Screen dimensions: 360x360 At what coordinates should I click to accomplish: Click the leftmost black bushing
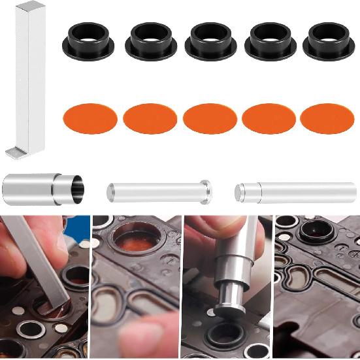pyautogui.click(x=89, y=41)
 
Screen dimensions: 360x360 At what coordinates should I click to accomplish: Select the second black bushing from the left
pyautogui.click(x=152, y=41)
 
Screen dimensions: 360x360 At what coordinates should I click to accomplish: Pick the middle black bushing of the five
pyautogui.click(x=210, y=41)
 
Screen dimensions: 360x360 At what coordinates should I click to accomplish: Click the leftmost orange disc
pyautogui.click(x=90, y=119)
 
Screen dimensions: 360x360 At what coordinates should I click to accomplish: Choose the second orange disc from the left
pyautogui.click(x=150, y=119)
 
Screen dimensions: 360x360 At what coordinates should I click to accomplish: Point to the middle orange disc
pyautogui.click(x=210, y=119)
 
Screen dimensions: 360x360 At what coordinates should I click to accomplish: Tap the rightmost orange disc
pyautogui.click(x=327, y=119)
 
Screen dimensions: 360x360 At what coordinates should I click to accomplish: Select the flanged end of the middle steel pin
pyautogui.click(x=206, y=190)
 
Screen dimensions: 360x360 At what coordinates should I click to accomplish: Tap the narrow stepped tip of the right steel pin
pyautogui.click(x=240, y=191)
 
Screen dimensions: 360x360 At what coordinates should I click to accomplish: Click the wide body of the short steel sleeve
pyautogui.click(x=29, y=189)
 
